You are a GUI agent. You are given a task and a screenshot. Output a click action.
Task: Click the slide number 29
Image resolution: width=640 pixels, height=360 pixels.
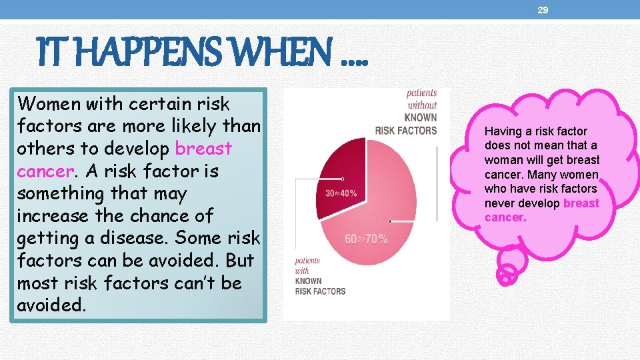click(543, 11)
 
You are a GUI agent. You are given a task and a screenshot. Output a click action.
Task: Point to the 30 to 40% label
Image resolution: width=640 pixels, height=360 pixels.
click(341, 193)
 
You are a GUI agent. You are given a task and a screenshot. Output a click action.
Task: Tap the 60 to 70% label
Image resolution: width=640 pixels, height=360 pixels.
click(366, 239)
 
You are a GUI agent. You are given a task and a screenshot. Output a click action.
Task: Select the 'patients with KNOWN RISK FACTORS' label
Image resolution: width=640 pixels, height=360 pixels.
click(320, 276)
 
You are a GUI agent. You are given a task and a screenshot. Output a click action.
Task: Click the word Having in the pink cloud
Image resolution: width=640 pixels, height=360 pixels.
click(504, 131)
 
